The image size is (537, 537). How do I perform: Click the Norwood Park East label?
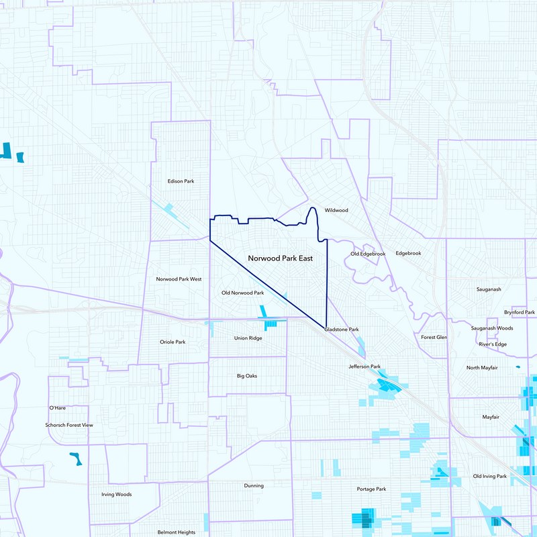[x=280, y=258]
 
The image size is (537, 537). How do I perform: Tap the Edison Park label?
[x=181, y=181]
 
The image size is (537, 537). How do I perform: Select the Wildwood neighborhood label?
[x=336, y=210]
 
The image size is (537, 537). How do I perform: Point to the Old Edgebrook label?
[x=368, y=254]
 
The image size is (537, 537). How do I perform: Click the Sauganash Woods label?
[x=491, y=328]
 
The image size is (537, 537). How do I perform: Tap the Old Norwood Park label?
[x=242, y=293]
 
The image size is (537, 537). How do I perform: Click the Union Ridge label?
[x=248, y=338]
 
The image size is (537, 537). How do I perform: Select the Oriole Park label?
[x=173, y=342]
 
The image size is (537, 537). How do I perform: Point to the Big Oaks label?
[x=247, y=376]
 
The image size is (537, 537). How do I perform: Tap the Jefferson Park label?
[x=364, y=367]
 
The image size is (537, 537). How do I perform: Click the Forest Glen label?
[x=434, y=337]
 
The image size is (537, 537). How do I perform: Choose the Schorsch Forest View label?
[x=69, y=425]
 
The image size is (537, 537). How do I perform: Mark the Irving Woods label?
[x=116, y=495]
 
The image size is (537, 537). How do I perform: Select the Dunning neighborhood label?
[x=254, y=485]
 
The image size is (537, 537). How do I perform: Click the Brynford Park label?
[x=520, y=313]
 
